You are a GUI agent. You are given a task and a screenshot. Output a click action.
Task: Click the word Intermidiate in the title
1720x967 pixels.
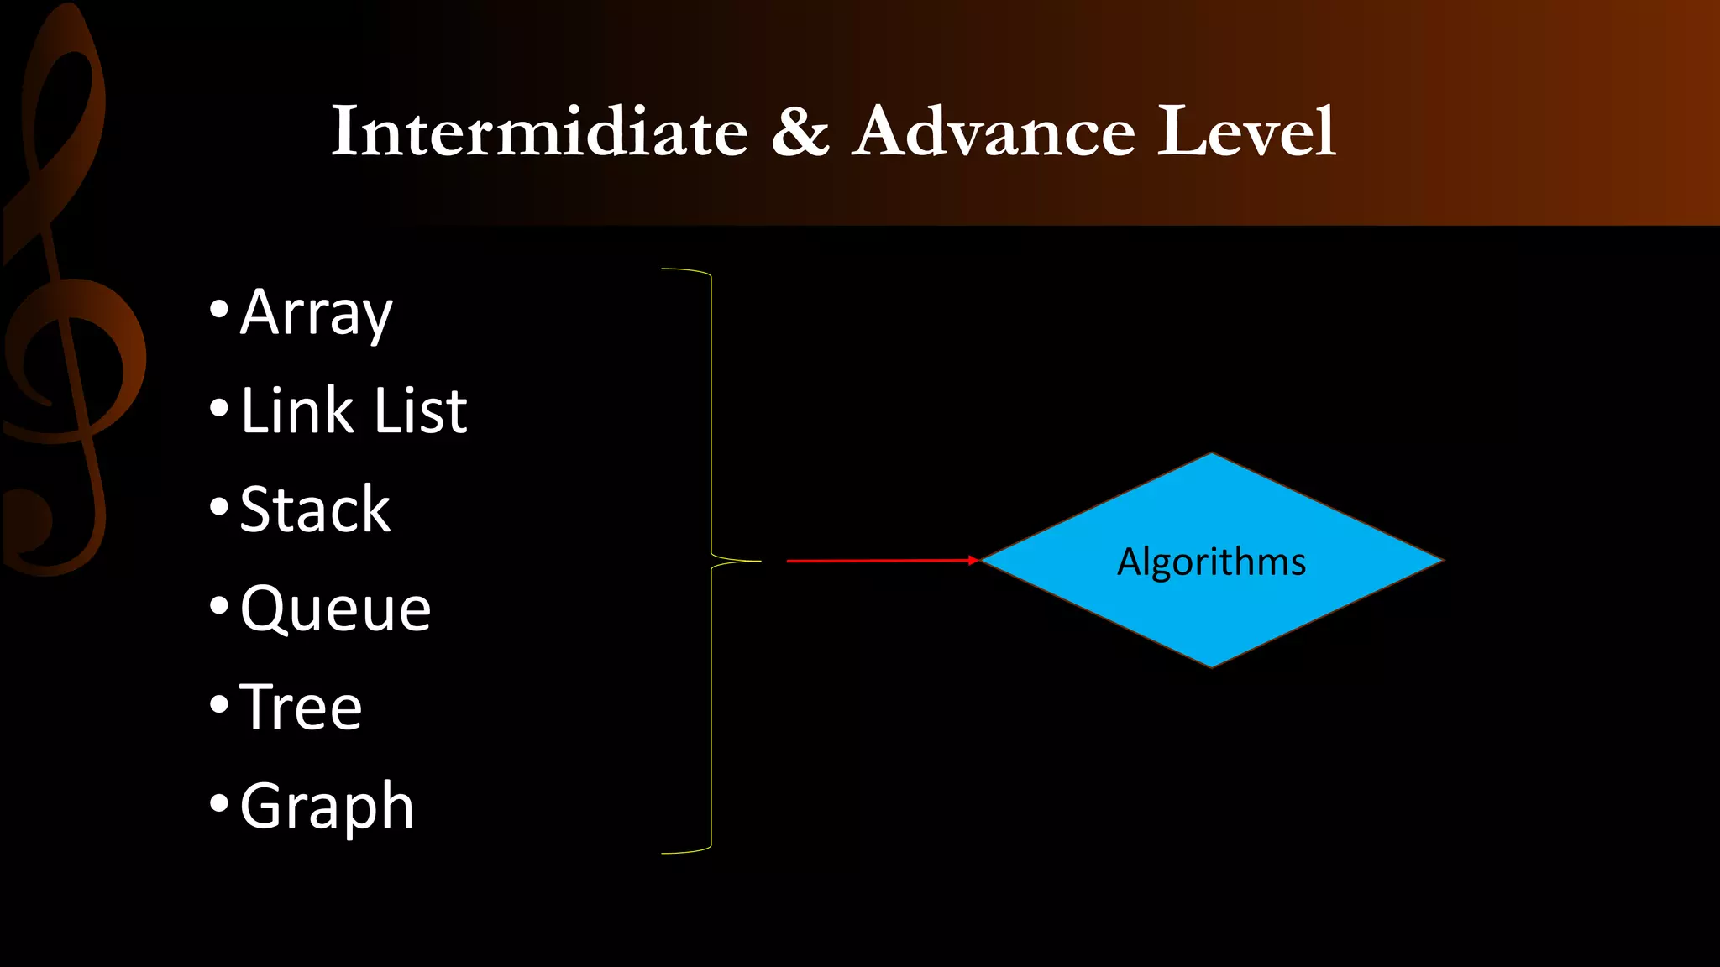click(539, 132)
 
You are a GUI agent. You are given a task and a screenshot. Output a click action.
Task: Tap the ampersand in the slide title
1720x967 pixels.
click(800, 132)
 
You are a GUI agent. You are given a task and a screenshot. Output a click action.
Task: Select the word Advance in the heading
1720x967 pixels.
click(995, 132)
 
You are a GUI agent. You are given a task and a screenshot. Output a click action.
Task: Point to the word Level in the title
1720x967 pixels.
click(1245, 132)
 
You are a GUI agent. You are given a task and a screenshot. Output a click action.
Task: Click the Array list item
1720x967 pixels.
click(316, 313)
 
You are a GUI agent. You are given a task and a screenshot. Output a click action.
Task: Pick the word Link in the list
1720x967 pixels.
click(296, 411)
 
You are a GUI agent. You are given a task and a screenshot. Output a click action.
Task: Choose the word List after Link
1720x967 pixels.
click(421, 411)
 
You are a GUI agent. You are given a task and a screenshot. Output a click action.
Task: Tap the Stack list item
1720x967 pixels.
click(315, 510)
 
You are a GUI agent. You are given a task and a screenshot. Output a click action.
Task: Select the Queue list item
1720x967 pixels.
click(335, 609)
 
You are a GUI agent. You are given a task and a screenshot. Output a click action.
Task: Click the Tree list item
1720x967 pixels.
click(301, 707)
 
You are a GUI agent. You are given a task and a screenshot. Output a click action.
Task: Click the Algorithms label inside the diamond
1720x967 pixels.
click(1211, 562)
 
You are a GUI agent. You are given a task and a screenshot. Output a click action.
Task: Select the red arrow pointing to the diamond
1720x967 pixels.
click(882, 560)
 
